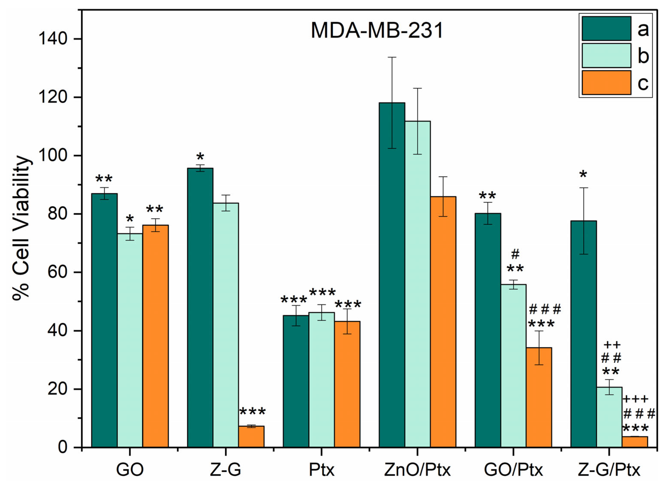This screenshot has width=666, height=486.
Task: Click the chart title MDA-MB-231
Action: pyautogui.click(x=377, y=31)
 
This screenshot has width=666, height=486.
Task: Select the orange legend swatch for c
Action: pyautogui.click(x=606, y=82)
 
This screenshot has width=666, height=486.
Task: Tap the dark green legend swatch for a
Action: pyautogui.click(x=606, y=29)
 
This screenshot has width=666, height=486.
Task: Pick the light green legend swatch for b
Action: pyautogui.click(x=606, y=56)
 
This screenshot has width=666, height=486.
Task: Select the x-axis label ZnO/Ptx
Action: pyautogui.click(x=417, y=470)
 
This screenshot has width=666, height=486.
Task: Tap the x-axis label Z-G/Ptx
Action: pyautogui.click(x=609, y=470)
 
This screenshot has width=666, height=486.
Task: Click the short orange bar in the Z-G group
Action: pyautogui.click(x=251, y=437)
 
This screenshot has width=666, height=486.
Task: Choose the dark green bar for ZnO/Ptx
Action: pyautogui.click(x=392, y=275)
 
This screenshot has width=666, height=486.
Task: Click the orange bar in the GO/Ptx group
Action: pyautogui.click(x=539, y=397)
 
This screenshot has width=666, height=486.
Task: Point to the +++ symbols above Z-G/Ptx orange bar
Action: pyautogui.click(x=636, y=399)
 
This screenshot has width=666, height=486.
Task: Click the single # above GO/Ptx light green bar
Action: pyautogui.click(x=515, y=254)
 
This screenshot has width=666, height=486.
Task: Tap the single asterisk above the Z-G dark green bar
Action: pyautogui.click(x=200, y=157)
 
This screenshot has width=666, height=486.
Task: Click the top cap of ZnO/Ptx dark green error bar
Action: pyautogui.click(x=392, y=57)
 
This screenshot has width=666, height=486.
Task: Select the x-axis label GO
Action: pyautogui.click(x=130, y=470)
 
